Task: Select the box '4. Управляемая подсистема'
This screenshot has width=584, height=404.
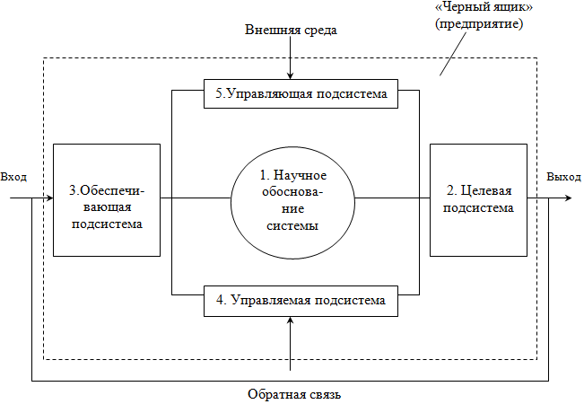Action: [x=295, y=300]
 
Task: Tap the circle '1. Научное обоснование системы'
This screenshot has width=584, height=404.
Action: [x=292, y=199]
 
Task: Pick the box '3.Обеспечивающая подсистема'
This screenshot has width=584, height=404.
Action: [x=107, y=198]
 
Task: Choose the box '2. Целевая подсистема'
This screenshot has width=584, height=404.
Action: [x=479, y=198]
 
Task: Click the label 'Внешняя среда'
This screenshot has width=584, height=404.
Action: [x=292, y=31]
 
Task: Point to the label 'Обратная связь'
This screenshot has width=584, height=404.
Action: [x=293, y=394]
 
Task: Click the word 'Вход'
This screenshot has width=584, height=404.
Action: [x=13, y=176]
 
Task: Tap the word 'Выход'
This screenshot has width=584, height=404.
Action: [x=564, y=176]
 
